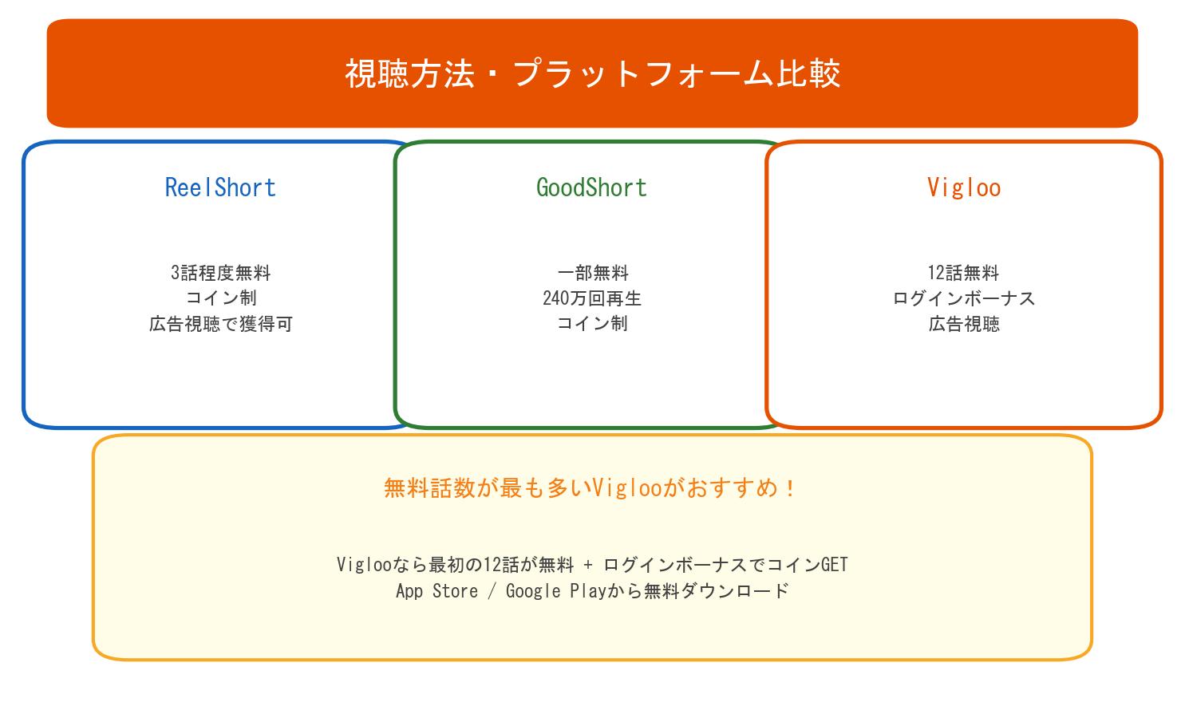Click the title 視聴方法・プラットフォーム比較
coord(592,73)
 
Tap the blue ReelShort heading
coord(220,187)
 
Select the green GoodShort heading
coord(591,187)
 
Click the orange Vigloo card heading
coord(963,187)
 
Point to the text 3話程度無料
coord(220,273)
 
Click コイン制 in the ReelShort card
coord(220,298)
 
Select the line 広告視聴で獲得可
coord(220,324)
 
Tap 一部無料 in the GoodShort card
coord(592,273)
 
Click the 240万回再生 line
coord(592,298)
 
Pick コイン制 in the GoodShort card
coord(592,324)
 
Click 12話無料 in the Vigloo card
coord(963,273)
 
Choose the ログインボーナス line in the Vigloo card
coord(963,298)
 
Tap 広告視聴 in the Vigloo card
coord(963,324)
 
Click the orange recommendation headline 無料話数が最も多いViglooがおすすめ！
coord(591,487)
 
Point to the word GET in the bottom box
coord(834,565)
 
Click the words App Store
coord(436,591)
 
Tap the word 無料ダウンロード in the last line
coord(716,591)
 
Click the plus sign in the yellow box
coord(588,566)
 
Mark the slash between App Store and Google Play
coord(492,591)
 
